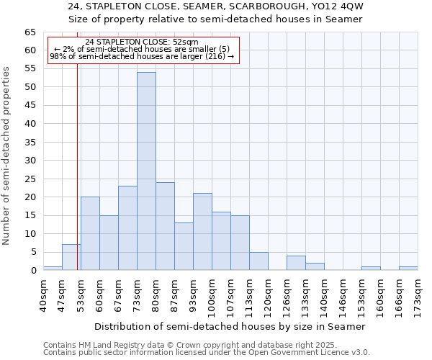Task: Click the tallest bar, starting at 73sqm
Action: pyautogui.click(x=146, y=171)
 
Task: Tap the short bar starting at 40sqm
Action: pyautogui.click(x=53, y=268)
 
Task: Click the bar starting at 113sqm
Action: pyautogui.click(x=258, y=261)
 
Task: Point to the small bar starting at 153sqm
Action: pyautogui.click(x=371, y=268)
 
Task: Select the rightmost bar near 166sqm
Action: pyautogui.click(x=408, y=268)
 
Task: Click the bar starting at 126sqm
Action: pyautogui.click(x=296, y=263)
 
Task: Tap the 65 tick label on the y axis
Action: pyautogui.click(x=30, y=32)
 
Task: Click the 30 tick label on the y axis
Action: pyautogui.click(x=30, y=161)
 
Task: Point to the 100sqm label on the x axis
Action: pyautogui.click(x=212, y=296)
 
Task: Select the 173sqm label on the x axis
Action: pyautogui.click(x=418, y=296)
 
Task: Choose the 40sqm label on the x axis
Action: pyautogui.click(x=43, y=296)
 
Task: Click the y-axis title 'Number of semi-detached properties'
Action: pyautogui.click(x=7, y=156)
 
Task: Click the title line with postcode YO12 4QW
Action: pyautogui.click(x=216, y=6)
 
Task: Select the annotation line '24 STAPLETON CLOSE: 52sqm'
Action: pyautogui.click(x=141, y=42)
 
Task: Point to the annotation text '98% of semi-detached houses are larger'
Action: pyautogui.click(x=141, y=57)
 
